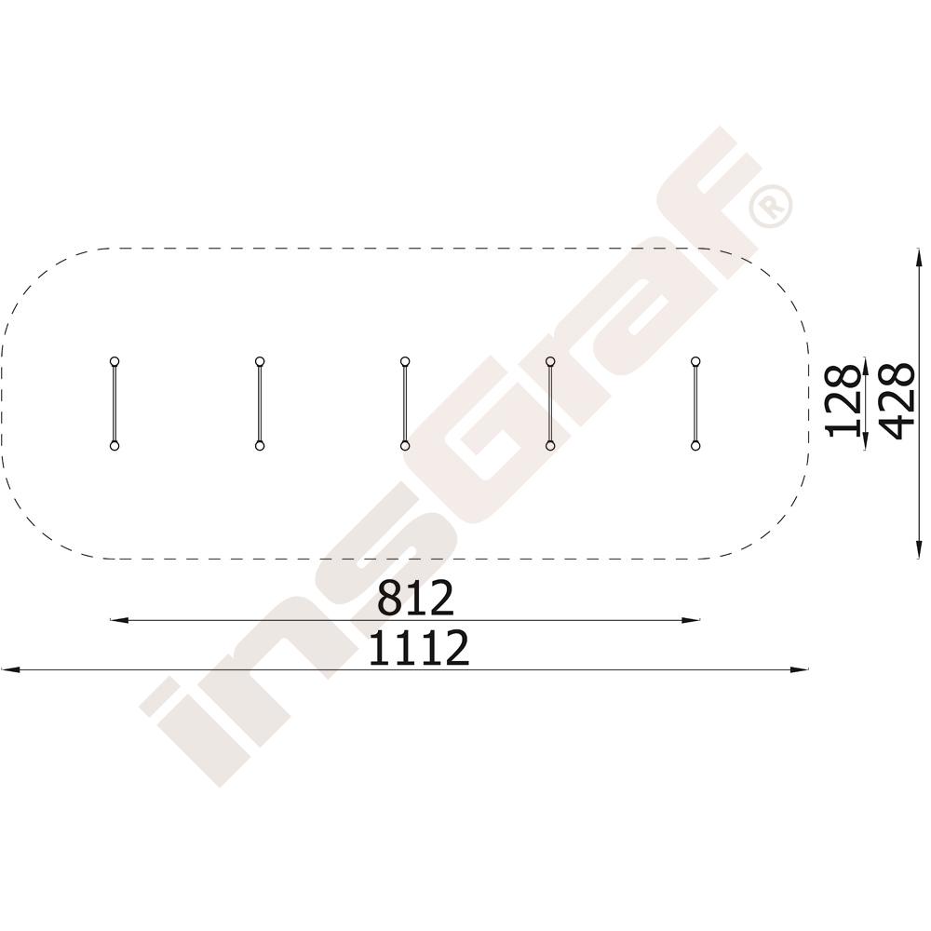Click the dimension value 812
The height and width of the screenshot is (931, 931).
click(415, 598)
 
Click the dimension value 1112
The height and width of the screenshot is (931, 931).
click(419, 648)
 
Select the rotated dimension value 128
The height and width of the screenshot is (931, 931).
click(844, 401)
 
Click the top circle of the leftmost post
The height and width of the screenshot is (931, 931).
click(115, 361)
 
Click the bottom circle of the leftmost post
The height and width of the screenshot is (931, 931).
click(115, 445)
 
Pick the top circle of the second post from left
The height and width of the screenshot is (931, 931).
click(260, 361)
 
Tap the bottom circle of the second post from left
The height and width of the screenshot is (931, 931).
click(260, 445)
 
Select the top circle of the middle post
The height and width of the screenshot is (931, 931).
click(405, 361)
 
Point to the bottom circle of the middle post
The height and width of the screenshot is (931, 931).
click(405, 445)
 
